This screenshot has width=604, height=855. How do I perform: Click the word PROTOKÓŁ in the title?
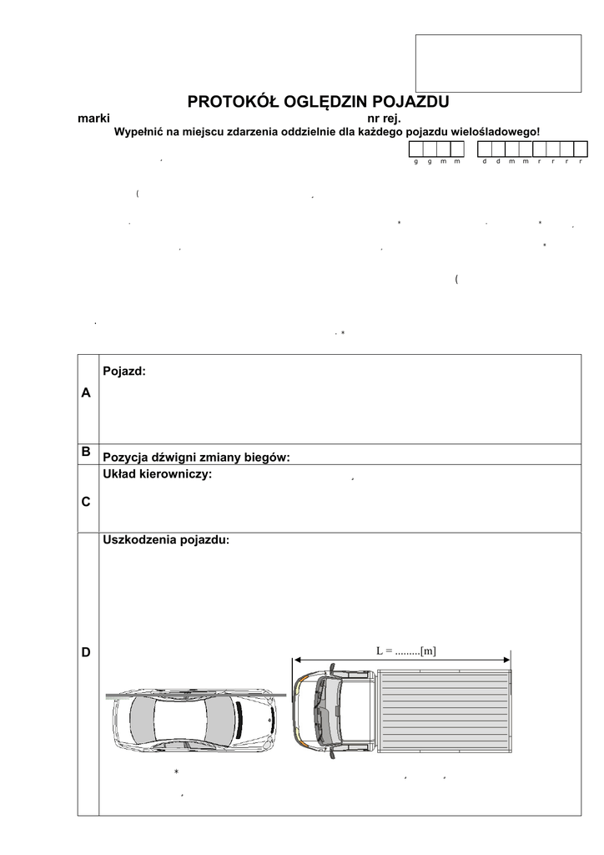click(x=224, y=102)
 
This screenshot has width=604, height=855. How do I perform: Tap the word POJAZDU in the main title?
click(x=410, y=102)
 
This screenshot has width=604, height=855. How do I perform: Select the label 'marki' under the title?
click(x=93, y=119)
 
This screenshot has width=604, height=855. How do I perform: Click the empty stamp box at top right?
click(x=498, y=63)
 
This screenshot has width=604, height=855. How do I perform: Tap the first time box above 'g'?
click(x=415, y=149)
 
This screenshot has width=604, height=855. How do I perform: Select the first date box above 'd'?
click(x=485, y=149)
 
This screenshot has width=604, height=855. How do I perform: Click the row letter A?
click(x=87, y=392)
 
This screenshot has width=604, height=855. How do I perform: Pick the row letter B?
click(x=87, y=451)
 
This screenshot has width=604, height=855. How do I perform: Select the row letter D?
click(x=87, y=651)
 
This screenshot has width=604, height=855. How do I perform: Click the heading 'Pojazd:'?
click(x=123, y=370)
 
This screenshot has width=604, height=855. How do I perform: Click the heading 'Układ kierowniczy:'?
click(x=157, y=474)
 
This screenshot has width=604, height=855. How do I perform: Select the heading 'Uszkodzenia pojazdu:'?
click(x=165, y=540)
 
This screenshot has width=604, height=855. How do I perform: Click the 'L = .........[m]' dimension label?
click(x=406, y=650)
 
